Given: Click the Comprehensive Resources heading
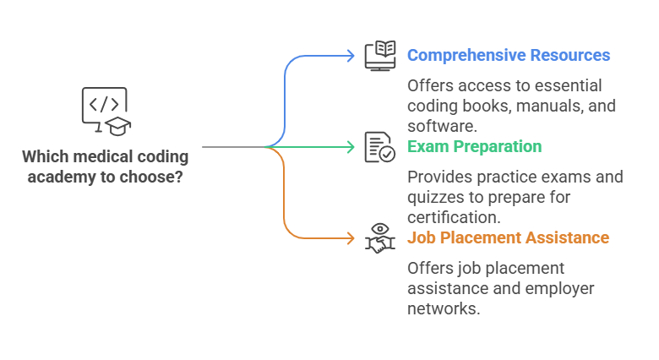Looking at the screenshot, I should [508, 56].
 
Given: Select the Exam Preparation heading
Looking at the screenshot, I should [474, 146].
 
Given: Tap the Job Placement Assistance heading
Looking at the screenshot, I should [508, 237].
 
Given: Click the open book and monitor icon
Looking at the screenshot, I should [380, 56].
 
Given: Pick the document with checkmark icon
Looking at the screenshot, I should [379, 146].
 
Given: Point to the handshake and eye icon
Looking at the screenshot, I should [379, 237].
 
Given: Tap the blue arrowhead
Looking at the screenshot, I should [351, 56].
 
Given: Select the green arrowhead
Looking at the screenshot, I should [351, 147].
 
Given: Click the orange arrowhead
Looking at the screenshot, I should [351, 237].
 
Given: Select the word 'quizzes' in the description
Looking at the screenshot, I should [433, 197].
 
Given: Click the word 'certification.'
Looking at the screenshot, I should [452, 217].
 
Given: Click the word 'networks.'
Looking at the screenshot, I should [444, 308].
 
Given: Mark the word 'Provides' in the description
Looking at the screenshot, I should [438, 177].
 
